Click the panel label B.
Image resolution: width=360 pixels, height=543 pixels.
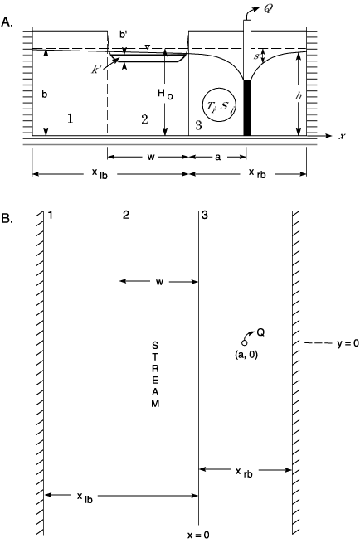[x=7, y=219]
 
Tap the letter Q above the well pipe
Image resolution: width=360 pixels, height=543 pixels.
[x=268, y=9]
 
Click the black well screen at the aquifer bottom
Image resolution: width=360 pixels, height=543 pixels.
[x=246, y=108]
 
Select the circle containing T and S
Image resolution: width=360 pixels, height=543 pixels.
[x=219, y=104]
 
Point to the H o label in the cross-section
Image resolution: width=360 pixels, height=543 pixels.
[x=165, y=95]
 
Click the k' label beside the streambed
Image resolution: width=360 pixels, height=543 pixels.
[x=95, y=70]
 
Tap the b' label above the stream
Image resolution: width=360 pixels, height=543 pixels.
[x=124, y=35]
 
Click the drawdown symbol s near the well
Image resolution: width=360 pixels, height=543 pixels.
[x=257, y=56]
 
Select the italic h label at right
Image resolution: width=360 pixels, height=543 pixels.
[x=298, y=96]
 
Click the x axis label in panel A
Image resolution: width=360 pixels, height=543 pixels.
[x=342, y=136]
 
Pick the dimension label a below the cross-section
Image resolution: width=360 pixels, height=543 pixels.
[x=217, y=157]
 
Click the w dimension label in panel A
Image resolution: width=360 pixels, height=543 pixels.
[x=151, y=157]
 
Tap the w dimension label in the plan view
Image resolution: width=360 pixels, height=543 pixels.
[x=159, y=282]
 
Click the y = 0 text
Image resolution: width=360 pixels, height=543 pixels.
[x=348, y=343]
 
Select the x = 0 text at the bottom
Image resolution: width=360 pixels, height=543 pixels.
[x=198, y=535]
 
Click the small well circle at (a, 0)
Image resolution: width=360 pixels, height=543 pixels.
[x=244, y=343]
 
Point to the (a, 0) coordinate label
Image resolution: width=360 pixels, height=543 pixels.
[x=246, y=355]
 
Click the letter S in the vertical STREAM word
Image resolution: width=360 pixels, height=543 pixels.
[x=155, y=345]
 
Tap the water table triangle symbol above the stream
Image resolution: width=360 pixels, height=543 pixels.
[x=148, y=46]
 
